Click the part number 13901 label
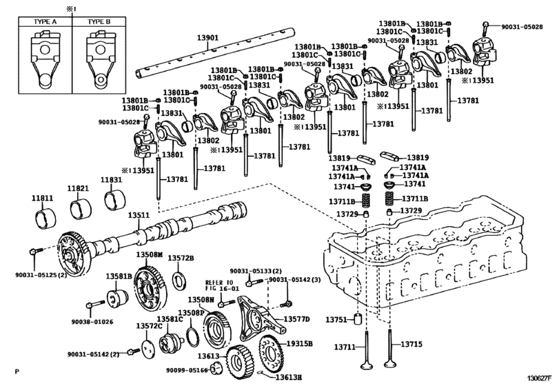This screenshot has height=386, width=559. (x=207, y=38)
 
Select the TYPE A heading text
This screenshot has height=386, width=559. (x=45, y=22)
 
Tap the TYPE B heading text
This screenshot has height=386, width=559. (x=99, y=22)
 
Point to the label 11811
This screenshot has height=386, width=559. (x=43, y=198)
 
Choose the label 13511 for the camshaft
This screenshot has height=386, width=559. (x=139, y=215)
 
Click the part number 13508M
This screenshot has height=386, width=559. (x=150, y=254)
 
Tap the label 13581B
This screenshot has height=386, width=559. (x=119, y=276)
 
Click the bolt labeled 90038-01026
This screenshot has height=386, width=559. (x=96, y=304)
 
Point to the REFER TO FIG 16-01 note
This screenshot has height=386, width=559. (x=222, y=285)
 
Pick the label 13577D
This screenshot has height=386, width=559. (x=296, y=319)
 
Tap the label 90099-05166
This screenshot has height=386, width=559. (x=187, y=370)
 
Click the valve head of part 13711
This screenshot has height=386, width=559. (x=366, y=366)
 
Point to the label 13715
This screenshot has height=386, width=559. (x=411, y=345)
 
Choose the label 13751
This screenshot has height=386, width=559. (x=336, y=320)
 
